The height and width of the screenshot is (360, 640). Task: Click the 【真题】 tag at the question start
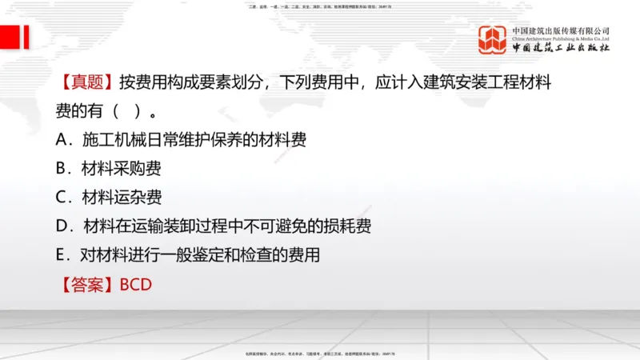(x=86, y=82)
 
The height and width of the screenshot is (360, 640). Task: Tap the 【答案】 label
(x=86, y=284)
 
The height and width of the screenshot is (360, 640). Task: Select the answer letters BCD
(x=135, y=284)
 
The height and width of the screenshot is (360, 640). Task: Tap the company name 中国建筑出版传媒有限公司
(x=561, y=30)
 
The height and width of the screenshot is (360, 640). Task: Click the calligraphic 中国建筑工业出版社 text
(x=561, y=48)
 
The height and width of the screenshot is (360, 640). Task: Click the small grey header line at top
(x=320, y=6)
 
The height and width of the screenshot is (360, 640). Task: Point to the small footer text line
(x=320, y=354)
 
